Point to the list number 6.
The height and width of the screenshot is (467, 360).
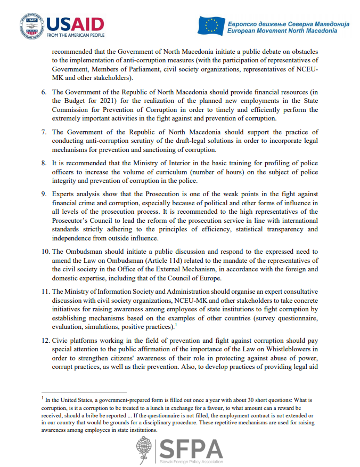tap(44, 92)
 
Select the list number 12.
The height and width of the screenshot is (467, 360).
tap(45, 340)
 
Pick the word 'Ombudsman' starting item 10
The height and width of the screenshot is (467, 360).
tap(82, 252)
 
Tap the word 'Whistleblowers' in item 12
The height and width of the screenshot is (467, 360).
tap(298, 349)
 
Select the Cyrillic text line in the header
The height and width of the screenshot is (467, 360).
tap(288, 23)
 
